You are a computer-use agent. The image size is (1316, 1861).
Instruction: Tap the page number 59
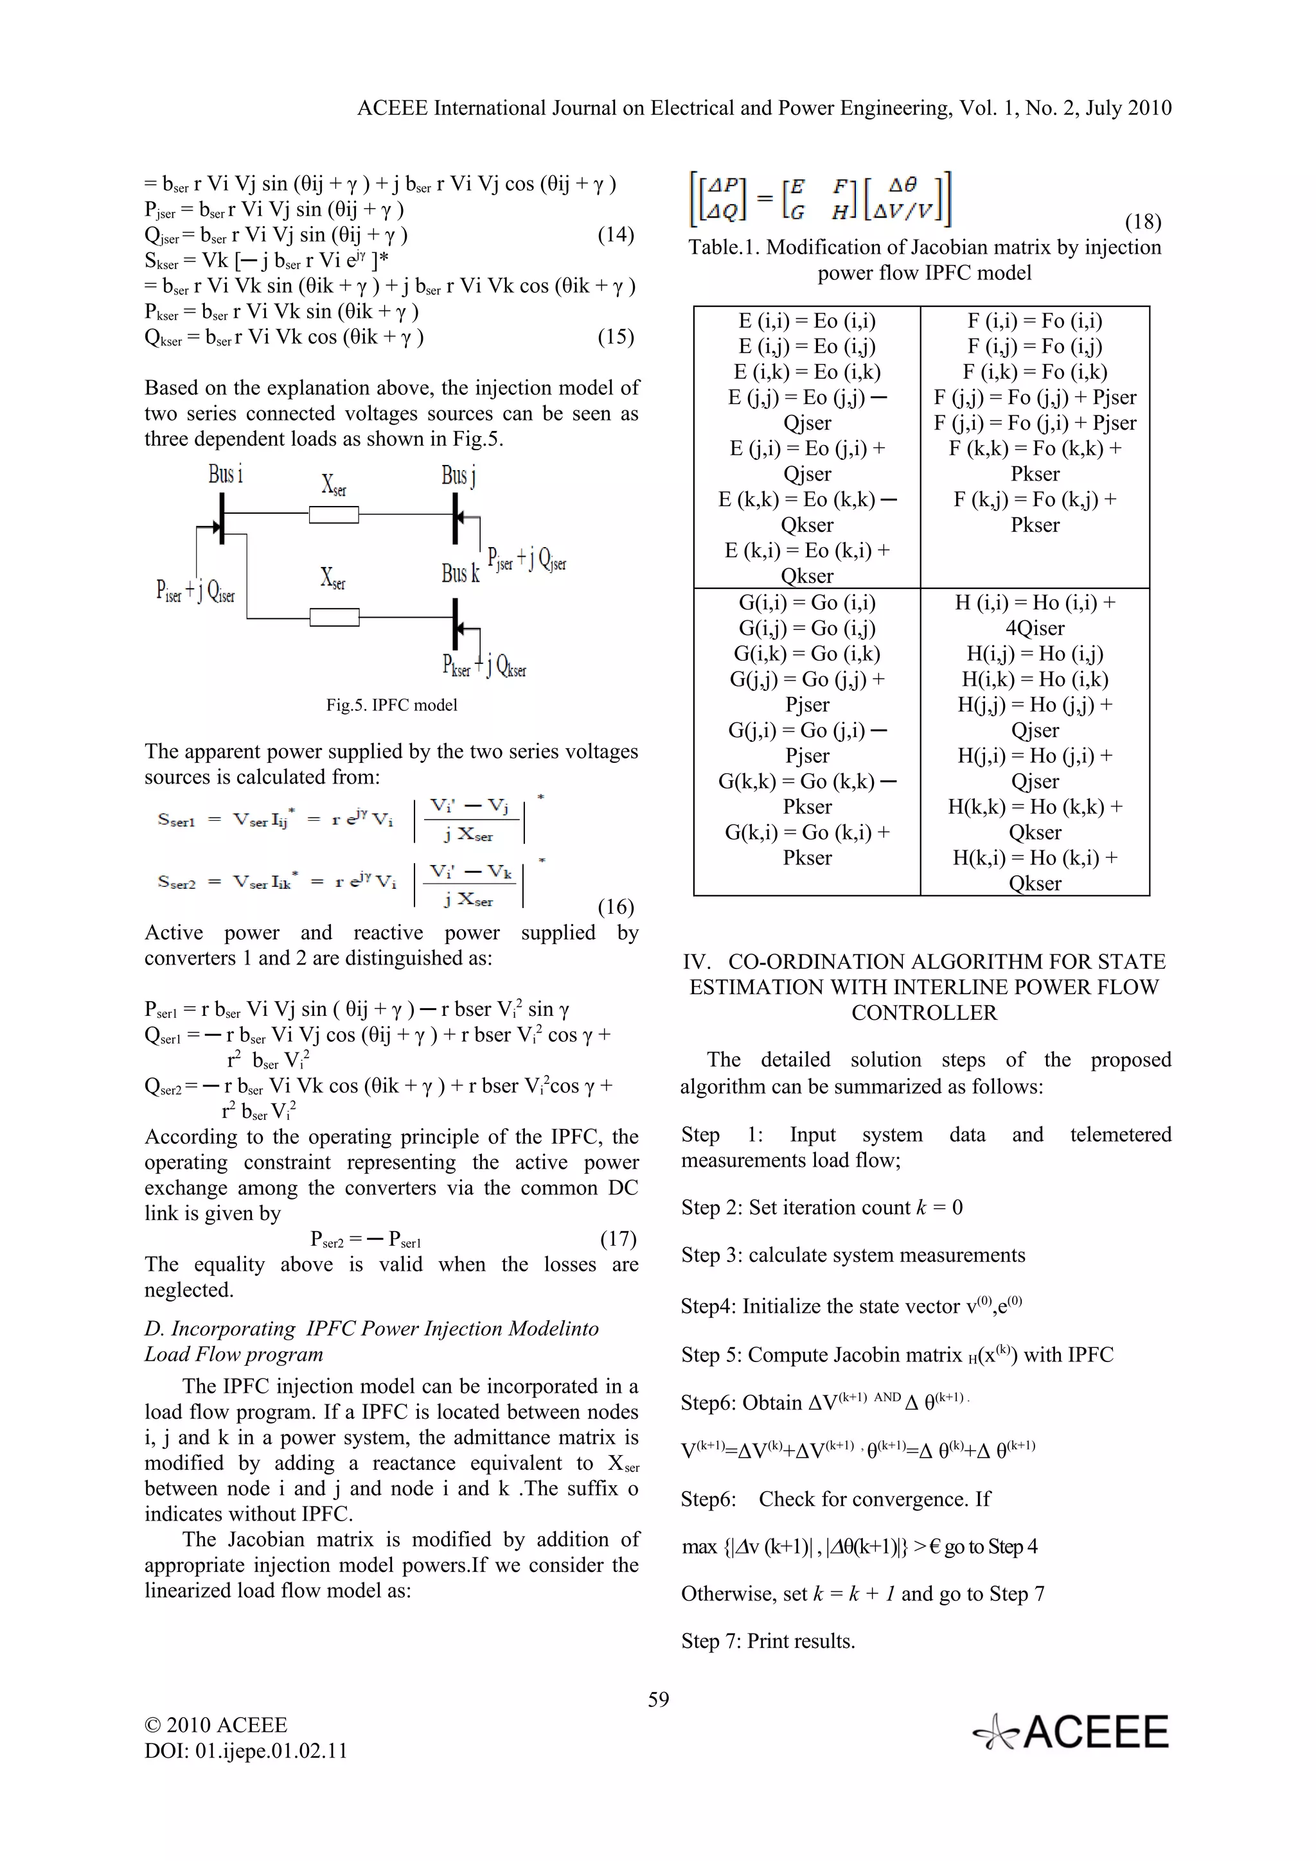click(x=657, y=1699)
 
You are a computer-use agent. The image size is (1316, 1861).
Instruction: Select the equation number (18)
click(x=1143, y=222)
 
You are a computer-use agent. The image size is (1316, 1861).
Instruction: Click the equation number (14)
click(x=616, y=234)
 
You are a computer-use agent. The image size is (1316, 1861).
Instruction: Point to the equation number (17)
click(x=618, y=1239)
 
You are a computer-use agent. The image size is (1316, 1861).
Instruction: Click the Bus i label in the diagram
click(x=226, y=473)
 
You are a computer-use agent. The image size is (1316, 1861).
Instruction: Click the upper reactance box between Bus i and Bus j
click(x=334, y=514)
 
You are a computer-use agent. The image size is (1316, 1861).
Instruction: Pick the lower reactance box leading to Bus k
click(x=334, y=618)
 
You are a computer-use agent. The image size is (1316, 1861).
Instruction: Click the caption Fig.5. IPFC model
click(x=391, y=704)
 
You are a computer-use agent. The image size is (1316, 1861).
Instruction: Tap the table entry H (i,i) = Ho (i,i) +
click(x=1035, y=602)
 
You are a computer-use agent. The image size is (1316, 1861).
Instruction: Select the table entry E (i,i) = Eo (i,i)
click(x=807, y=320)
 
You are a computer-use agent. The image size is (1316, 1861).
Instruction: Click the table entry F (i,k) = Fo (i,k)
click(x=1035, y=371)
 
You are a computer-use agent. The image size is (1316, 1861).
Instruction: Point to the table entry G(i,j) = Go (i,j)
click(x=807, y=627)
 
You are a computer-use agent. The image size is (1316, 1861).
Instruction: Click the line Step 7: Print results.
click(x=768, y=1641)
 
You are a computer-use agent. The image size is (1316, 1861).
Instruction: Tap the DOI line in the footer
click(x=245, y=1751)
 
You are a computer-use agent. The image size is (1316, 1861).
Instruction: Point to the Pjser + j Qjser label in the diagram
click(x=526, y=559)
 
